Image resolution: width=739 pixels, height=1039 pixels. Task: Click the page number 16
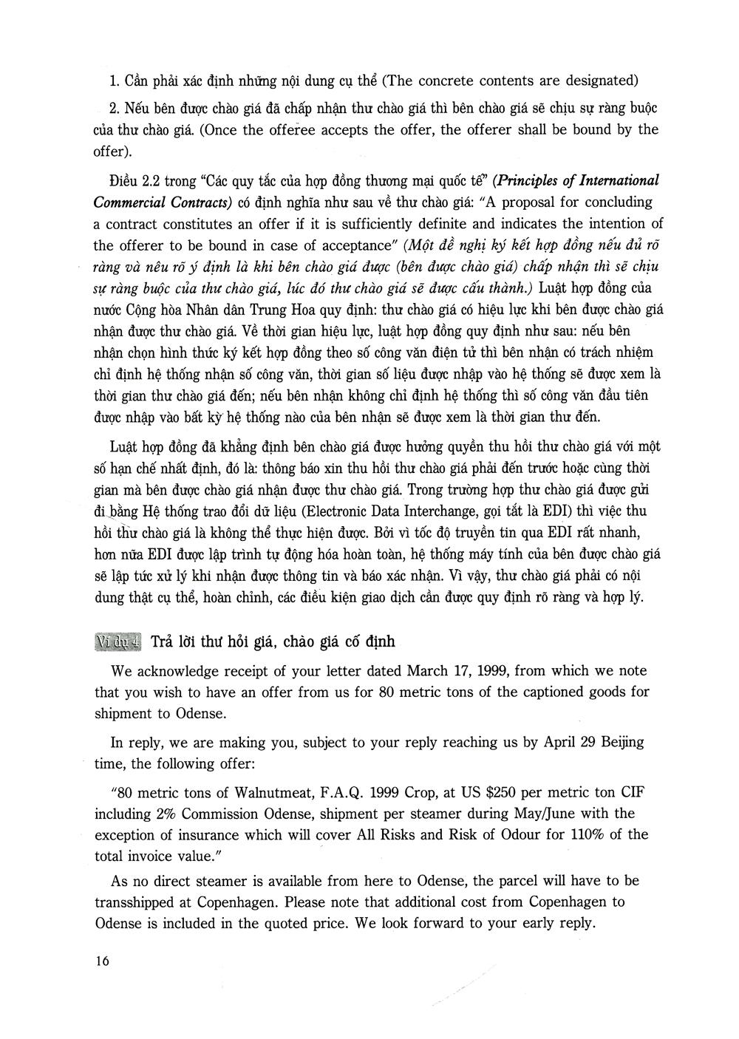[102, 961]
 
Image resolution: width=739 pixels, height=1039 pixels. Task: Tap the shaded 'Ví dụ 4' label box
[118, 641]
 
